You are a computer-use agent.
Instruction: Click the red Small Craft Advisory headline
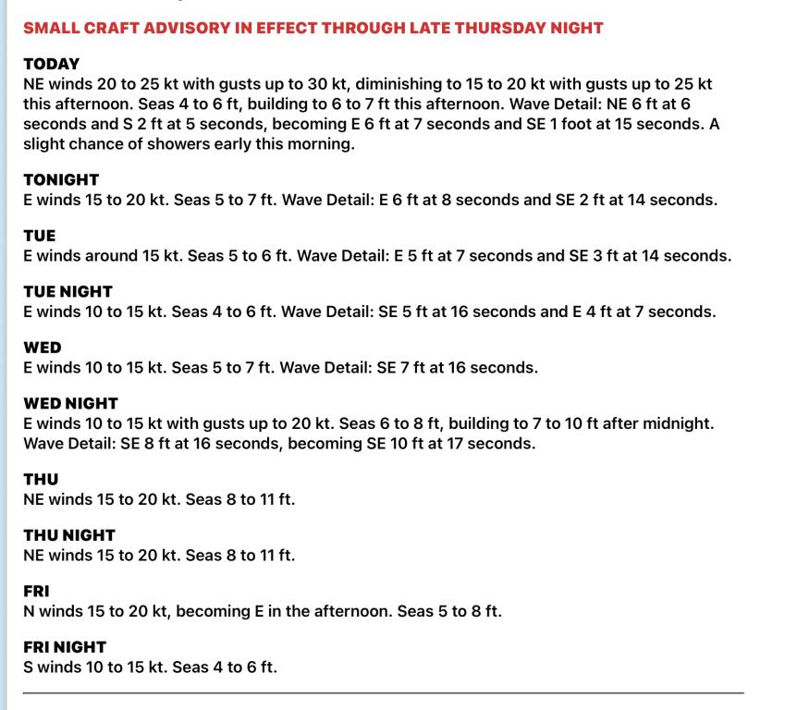pyautogui.click(x=313, y=28)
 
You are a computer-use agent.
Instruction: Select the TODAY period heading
pyautogui.click(x=52, y=65)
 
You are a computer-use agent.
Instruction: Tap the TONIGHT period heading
pyautogui.click(x=61, y=180)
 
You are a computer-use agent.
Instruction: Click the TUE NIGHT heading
pyautogui.click(x=67, y=292)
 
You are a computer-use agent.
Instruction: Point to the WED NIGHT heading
pyautogui.click(x=70, y=404)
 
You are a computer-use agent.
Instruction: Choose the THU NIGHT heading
pyautogui.click(x=68, y=535)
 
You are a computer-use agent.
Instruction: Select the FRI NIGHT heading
pyautogui.click(x=65, y=647)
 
